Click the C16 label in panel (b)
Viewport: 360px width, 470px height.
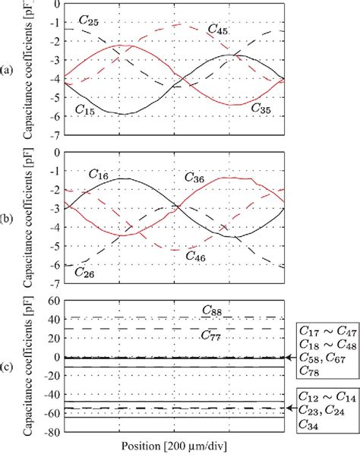98,176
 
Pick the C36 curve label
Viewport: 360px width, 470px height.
196,178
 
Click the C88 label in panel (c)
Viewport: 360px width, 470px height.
212,310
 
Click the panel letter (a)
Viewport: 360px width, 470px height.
7,70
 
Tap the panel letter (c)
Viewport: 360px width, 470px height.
7,369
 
